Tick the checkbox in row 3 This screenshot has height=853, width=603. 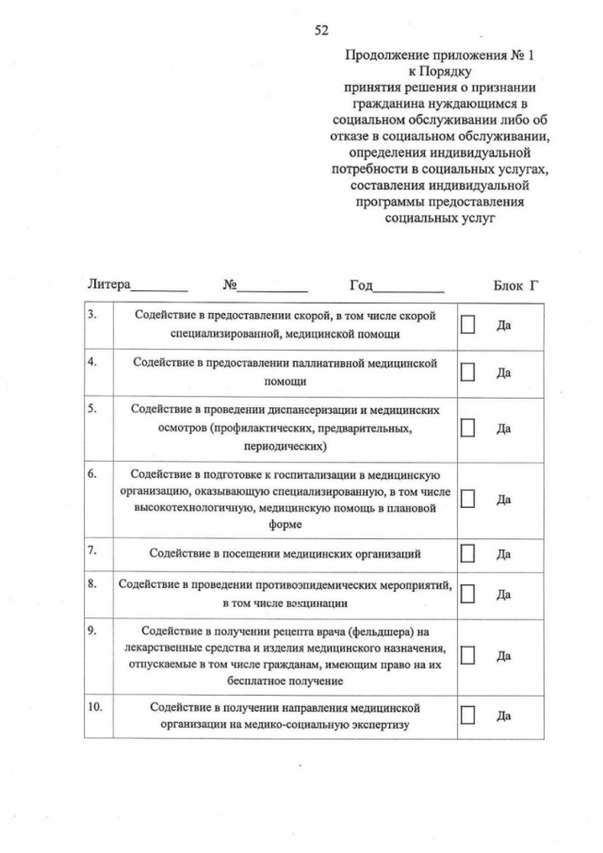[467, 324]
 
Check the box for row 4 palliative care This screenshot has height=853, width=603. [467, 372]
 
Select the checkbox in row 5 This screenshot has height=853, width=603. [467, 427]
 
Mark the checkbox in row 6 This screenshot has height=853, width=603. [467, 498]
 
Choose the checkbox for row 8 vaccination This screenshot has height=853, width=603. [467, 594]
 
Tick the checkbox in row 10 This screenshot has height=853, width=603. [467, 715]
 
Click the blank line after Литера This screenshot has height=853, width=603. [159, 286]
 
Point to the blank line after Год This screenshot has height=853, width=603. [409, 286]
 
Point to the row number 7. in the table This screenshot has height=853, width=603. [93, 548]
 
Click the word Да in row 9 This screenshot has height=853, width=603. [503, 655]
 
